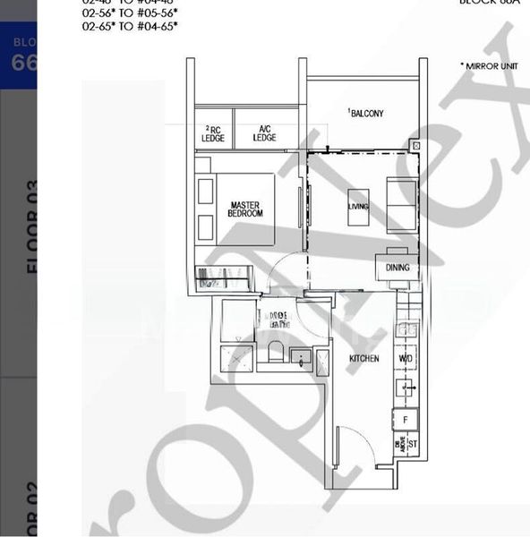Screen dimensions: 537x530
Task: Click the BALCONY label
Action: tap(367, 114)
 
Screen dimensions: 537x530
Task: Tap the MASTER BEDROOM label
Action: tap(245, 209)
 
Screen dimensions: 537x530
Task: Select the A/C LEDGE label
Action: tap(264, 132)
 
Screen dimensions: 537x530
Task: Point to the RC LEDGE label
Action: tap(215, 132)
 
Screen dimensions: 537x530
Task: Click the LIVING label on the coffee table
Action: tap(358, 207)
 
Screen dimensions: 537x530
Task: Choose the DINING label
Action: tap(397, 267)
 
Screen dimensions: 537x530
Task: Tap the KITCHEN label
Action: tap(364, 358)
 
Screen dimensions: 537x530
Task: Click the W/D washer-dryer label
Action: tap(406, 358)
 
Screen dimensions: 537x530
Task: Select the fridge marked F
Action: tap(406, 418)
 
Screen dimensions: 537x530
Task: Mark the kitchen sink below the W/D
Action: tap(406, 387)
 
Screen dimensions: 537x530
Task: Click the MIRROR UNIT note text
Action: tap(489, 66)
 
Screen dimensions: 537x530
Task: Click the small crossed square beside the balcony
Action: tap(415, 144)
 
